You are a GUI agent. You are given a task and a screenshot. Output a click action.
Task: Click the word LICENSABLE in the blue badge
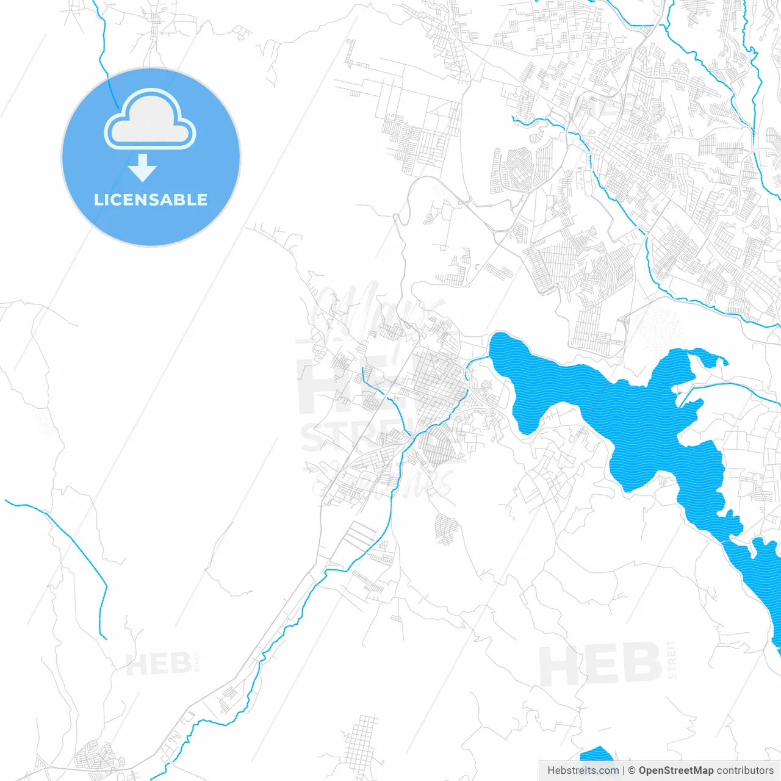[x=151, y=200]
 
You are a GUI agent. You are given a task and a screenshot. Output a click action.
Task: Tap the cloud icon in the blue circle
[x=150, y=120]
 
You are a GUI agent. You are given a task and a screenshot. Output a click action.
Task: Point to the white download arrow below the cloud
[x=143, y=168]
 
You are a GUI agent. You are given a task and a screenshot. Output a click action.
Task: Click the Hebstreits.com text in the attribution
[x=583, y=771]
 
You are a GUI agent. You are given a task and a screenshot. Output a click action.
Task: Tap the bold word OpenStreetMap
[x=676, y=771]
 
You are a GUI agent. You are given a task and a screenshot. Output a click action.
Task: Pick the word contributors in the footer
[x=745, y=771]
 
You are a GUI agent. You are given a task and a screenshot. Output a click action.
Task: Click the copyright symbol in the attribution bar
[x=632, y=771]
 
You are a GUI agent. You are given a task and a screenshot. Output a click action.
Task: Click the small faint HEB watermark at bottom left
[x=158, y=664]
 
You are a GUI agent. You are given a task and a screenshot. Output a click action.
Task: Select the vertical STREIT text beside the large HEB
[x=672, y=660]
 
